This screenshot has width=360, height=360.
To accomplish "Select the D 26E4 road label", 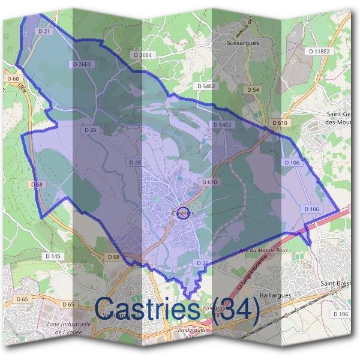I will click(x=143, y=55).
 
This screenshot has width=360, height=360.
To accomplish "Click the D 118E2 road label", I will click(x=319, y=52).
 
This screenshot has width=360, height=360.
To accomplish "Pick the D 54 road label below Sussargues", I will click(x=253, y=89).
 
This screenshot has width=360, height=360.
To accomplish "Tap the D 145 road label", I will click(x=53, y=256).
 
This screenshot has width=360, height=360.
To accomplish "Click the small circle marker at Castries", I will click(x=184, y=213).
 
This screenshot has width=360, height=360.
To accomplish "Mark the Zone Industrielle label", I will click(x=68, y=323).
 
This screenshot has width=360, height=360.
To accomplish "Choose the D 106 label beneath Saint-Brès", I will click(x=340, y=314).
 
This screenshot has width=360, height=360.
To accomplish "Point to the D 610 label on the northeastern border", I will click(x=279, y=123).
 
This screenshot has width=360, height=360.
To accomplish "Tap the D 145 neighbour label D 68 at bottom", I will click(x=113, y=257).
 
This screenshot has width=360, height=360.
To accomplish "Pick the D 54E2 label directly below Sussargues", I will click(x=206, y=86).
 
